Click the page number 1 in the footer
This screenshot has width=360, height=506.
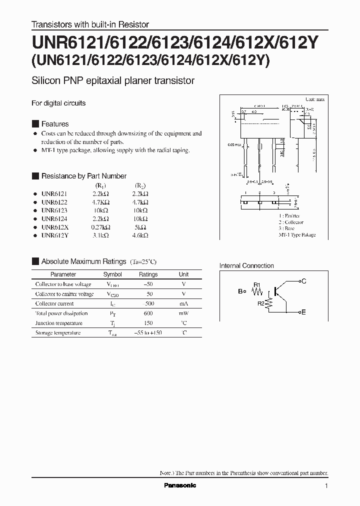pos(326,486)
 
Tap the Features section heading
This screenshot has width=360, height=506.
pos(55,124)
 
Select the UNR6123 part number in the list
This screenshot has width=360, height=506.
pos(54,211)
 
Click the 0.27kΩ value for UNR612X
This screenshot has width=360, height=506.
pos(101,227)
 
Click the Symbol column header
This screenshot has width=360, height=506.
pos(112,274)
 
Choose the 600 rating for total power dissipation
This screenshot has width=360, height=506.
pos(148,313)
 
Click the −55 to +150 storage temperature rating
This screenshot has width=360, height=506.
pos(148,332)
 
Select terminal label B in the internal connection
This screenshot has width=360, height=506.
pos(240,291)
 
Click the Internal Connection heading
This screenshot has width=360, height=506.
pos(247,265)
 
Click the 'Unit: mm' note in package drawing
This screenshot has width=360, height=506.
pos(314,99)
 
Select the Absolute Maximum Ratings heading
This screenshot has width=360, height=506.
pos(83,261)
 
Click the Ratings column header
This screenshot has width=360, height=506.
pos(148,274)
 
